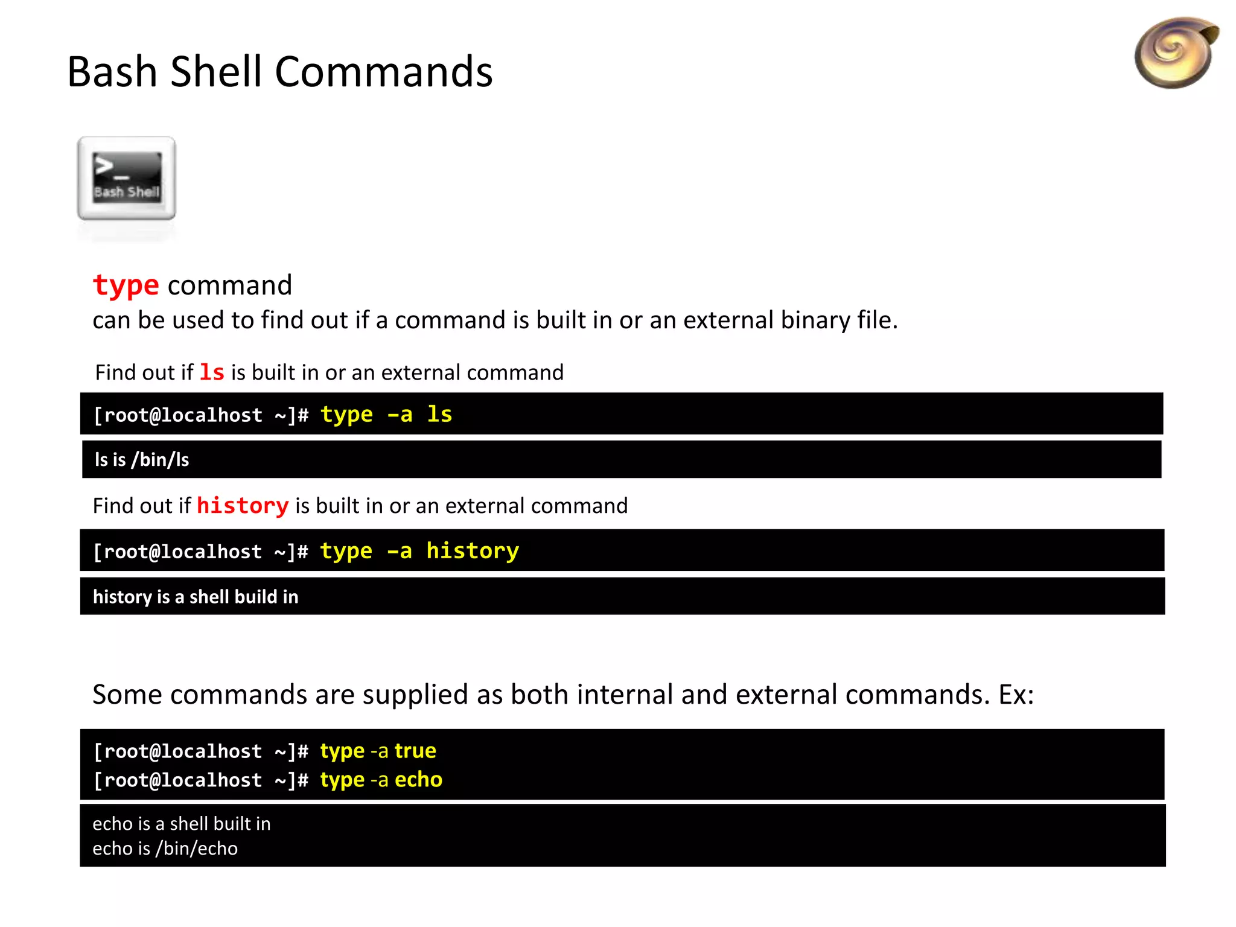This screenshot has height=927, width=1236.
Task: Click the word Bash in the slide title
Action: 112,72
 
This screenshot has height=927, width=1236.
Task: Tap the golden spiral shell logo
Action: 1175,53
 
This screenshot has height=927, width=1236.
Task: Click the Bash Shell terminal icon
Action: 127,178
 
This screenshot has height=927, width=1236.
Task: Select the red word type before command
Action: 126,285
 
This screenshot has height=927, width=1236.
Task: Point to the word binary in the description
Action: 814,320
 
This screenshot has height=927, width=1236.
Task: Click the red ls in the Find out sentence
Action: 212,372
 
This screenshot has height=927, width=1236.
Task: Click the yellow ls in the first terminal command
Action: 439,415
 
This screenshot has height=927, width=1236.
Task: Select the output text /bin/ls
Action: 160,460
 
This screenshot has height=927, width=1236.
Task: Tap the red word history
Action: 243,506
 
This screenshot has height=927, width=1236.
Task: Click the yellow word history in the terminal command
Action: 473,551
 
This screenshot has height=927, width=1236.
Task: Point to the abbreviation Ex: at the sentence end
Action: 1016,695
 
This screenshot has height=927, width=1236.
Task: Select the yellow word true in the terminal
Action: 415,751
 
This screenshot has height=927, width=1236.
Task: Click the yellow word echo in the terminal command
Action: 418,780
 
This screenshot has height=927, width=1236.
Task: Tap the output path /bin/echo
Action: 197,849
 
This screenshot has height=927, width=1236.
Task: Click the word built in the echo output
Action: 228,824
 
